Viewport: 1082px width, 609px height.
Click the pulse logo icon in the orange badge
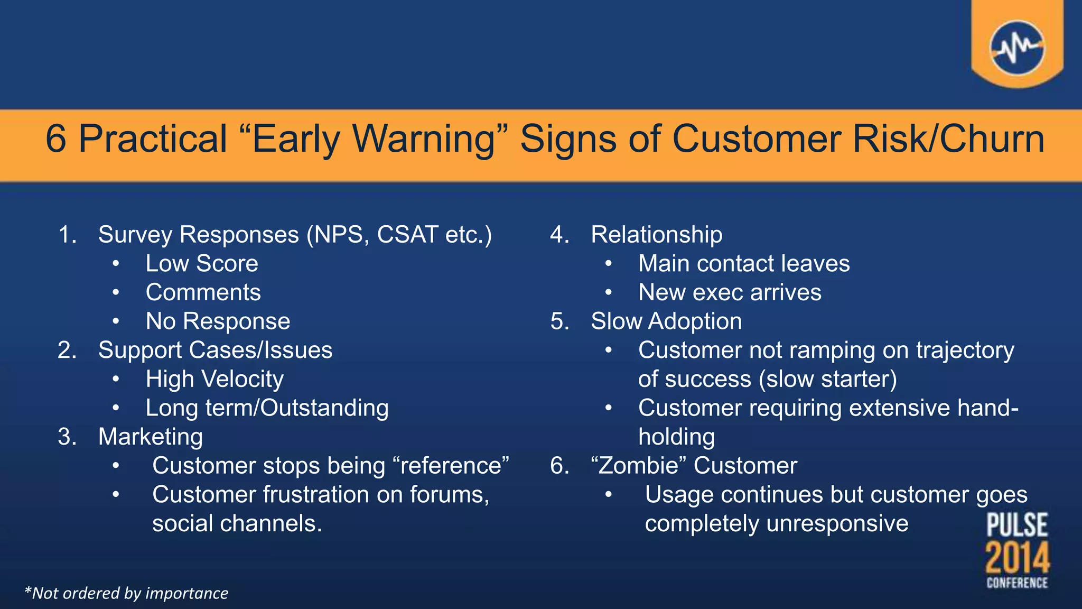[1017, 48]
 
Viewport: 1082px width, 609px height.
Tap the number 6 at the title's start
[56, 139]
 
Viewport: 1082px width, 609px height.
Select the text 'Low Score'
[202, 263]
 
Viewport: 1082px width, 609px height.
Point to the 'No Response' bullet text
[218, 321]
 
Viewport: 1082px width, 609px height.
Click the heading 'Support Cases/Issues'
[215, 350]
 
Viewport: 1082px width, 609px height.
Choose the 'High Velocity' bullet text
[214, 379]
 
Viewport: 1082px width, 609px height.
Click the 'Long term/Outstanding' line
[267, 408]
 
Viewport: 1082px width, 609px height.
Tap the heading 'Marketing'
[151, 437]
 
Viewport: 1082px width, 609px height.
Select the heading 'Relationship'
[656, 235]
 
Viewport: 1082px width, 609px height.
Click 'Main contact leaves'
[744, 263]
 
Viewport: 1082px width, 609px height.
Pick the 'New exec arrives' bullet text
[730, 292]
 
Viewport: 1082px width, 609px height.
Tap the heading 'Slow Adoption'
[666, 321]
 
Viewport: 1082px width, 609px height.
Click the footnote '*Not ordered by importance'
[126, 593]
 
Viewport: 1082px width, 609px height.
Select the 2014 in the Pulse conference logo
[1017, 558]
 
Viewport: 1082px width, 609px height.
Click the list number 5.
[559, 321]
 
